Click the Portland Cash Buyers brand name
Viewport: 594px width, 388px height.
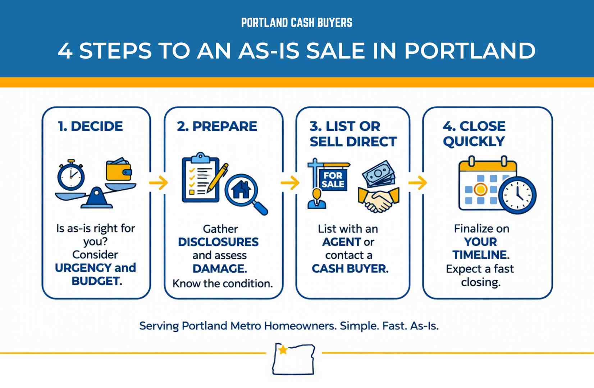pos(297,23)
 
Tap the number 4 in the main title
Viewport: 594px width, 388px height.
pos(65,51)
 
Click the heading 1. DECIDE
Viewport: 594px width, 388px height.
pos(90,126)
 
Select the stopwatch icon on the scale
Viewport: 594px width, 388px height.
pos(71,175)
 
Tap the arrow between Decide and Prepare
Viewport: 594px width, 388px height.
pos(158,183)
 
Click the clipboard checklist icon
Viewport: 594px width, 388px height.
pos(200,178)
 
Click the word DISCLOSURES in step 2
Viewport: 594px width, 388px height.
pos(218,242)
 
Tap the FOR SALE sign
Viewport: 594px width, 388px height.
pos(333,180)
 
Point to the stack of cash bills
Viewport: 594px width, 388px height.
pos(378,173)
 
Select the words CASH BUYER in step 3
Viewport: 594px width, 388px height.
pos(350,269)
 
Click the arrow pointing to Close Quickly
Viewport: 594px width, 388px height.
pos(417,183)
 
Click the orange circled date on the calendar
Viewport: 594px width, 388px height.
pos(480,189)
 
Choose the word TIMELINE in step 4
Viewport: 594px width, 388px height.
pos(480,255)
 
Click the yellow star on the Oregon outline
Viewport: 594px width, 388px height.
pos(283,349)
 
